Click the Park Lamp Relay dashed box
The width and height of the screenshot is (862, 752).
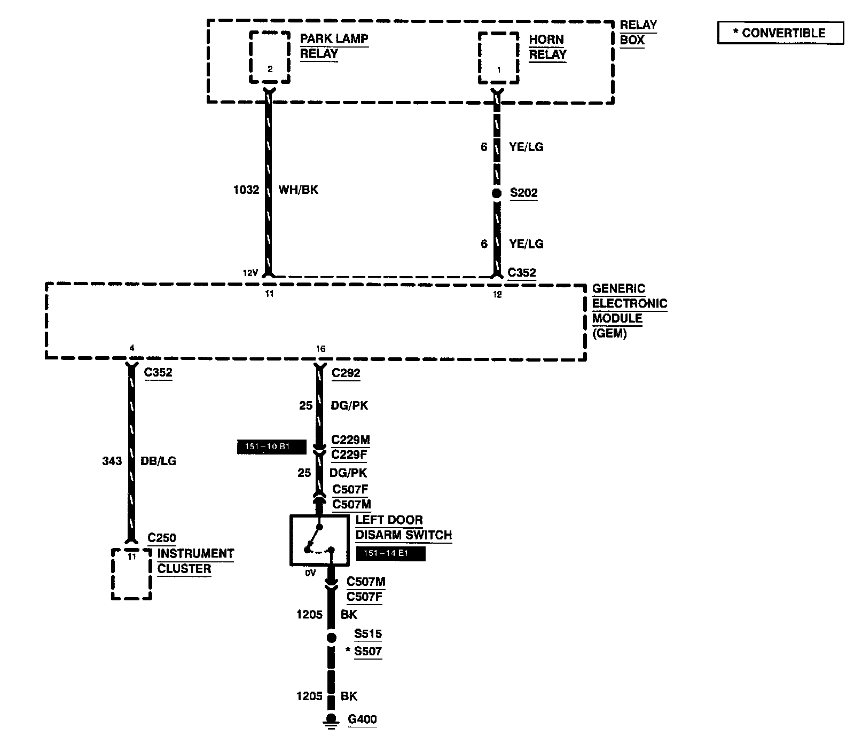click(270, 57)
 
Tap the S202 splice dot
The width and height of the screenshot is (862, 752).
click(497, 193)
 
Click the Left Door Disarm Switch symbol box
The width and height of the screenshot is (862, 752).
click(319, 540)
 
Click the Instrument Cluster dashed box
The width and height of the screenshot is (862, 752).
click(131, 574)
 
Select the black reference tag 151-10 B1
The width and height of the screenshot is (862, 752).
click(271, 447)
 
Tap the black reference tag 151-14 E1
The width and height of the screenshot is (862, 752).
click(390, 554)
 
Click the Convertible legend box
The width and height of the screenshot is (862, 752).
click(780, 33)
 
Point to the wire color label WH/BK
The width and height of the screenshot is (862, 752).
click(298, 190)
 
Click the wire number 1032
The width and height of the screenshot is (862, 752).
click(246, 190)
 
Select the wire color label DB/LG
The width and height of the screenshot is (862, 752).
click(158, 461)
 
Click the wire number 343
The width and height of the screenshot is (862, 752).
click(112, 461)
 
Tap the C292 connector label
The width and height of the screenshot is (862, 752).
click(346, 373)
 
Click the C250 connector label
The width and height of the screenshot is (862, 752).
click(162, 538)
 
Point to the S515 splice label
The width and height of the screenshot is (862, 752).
click(368, 634)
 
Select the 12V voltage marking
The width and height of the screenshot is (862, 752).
click(250, 273)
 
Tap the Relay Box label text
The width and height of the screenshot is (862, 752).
click(638, 32)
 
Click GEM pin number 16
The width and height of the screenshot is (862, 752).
click(320, 349)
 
